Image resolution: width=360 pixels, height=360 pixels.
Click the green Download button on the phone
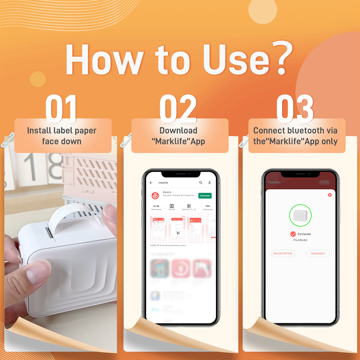click(x=205, y=195)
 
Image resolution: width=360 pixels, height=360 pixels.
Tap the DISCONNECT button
click(x=318, y=253)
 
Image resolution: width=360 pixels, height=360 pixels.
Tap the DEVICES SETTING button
click(x=283, y=253)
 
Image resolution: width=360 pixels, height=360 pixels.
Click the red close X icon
click(x=330, y=195)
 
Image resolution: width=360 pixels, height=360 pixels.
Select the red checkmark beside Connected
click(x=293, y=234)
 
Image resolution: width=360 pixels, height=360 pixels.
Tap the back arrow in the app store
click(x=151, y=183)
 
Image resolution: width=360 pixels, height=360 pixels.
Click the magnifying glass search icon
click(x=201, y=183)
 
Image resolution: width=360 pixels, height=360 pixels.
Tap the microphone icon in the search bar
click(x=209, y=183)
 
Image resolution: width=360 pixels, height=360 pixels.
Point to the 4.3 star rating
click(x=156, y=206)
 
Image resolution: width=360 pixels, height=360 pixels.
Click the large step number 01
click(x=61, y=108)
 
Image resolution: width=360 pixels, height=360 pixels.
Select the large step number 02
click(x=178, y=108)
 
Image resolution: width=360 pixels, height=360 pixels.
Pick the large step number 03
click(x=295, y=108)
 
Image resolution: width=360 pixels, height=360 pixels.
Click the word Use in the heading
click(x=236, y=59)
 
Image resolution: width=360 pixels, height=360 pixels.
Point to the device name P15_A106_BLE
click(x=300, y=240)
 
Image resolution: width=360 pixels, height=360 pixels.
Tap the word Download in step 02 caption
click(x=178, y=130)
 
